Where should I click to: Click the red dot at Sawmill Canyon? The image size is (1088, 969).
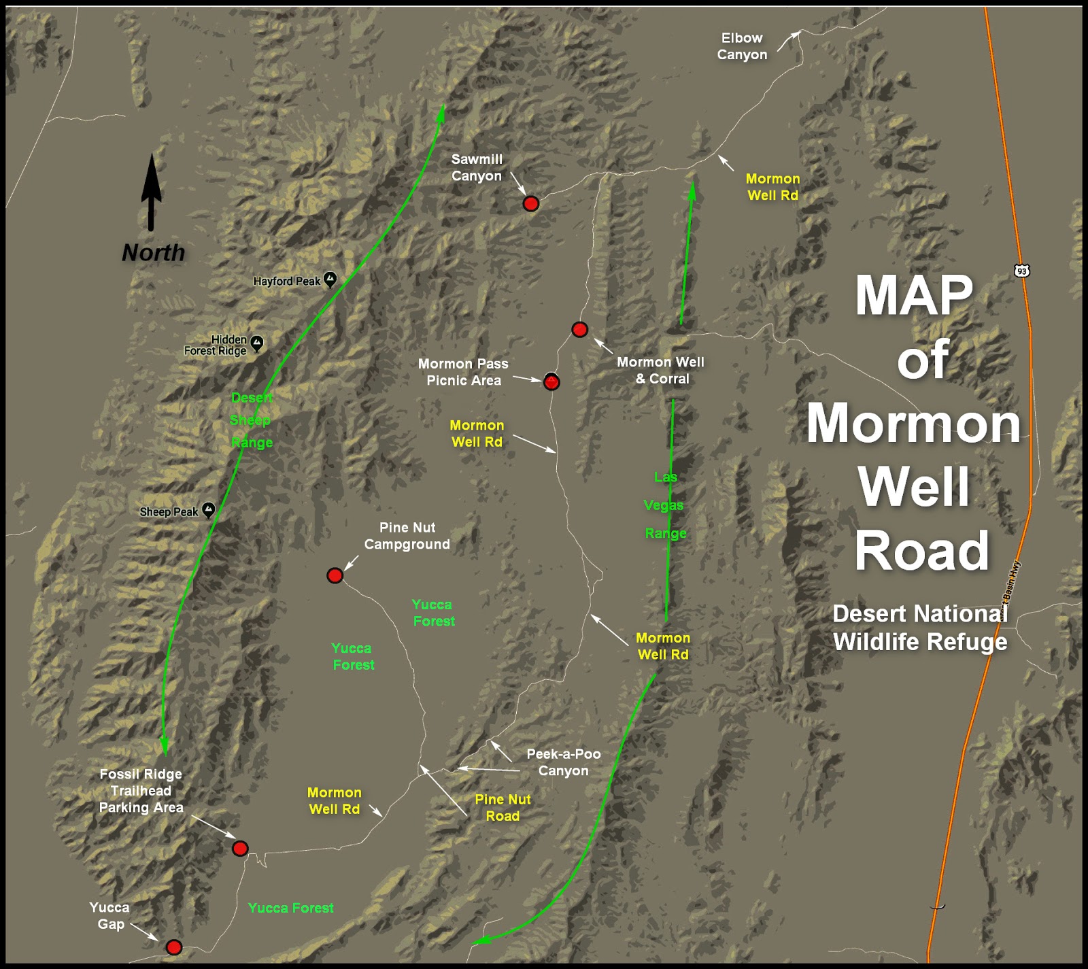tap(530, 203)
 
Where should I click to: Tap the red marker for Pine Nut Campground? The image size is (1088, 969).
tap(335, 576)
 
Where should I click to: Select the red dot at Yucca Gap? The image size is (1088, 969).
tap(174, 947)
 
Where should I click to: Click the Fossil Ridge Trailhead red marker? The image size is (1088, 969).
tap(240, 848)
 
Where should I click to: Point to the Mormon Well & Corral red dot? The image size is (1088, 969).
tap(579, 330)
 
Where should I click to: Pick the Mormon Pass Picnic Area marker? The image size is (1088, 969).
tap(551, 382)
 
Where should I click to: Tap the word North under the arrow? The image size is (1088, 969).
tap(153, 253)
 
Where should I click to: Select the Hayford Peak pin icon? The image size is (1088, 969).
tap(330, 279)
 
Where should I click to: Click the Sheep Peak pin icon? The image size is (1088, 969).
tap(209, 509)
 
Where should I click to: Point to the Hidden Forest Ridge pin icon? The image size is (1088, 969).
tap(256, 343)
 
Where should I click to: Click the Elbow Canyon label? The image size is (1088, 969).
tap(742, 46)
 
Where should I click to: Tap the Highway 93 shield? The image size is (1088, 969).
tap(1021, 271)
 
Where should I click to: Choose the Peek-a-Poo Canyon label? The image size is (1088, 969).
tap(563, 762)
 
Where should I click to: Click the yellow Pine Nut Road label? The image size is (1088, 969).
tap(503, 808)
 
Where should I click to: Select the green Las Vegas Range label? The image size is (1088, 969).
tap(664, 505)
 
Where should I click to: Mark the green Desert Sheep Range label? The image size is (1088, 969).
tap(251, 420)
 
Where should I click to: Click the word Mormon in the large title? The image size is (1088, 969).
tap(913, 423)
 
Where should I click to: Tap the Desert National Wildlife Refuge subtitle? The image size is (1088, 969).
tap(920, 628)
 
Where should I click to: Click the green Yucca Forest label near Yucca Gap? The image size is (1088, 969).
tap(290, 908)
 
